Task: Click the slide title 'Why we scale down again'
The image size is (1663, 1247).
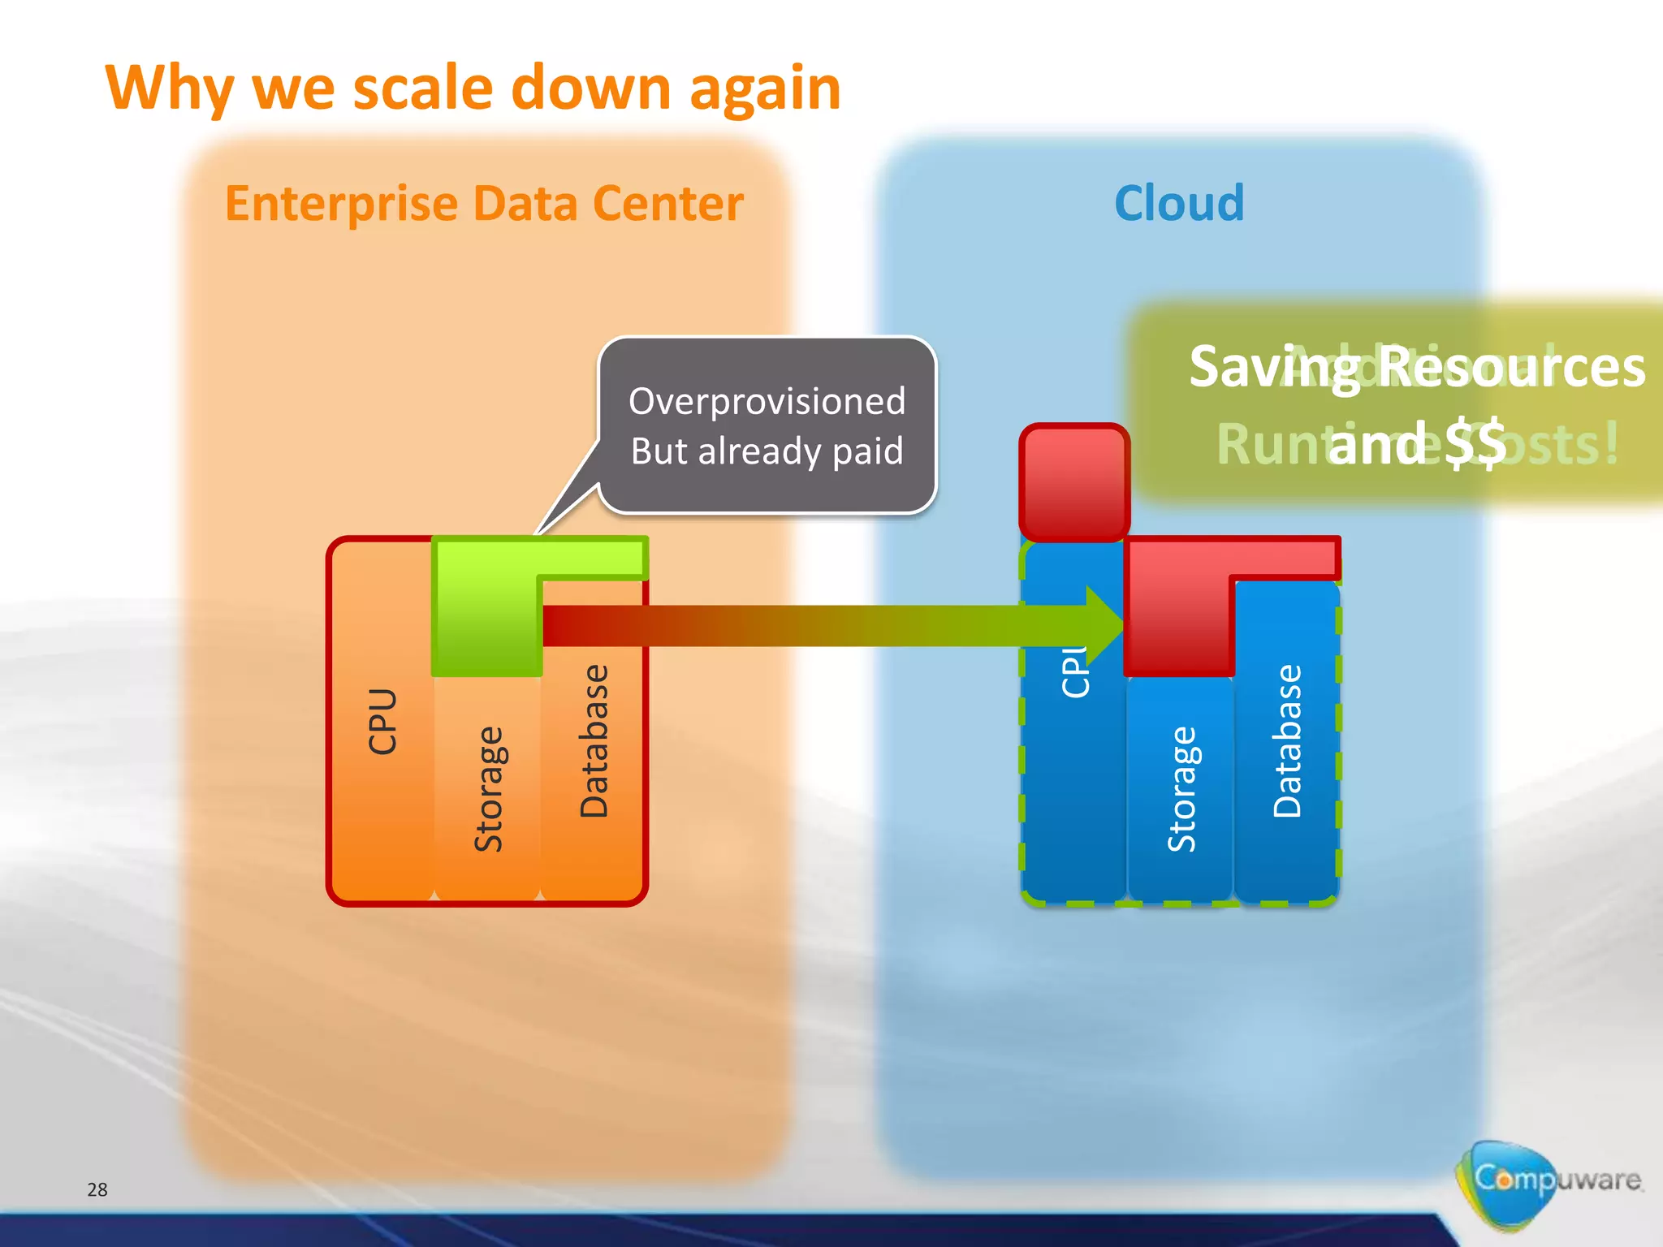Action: tap(473, 88)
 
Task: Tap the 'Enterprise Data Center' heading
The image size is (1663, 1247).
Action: tap(484, 203)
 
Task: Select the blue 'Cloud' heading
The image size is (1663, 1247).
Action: tap(1179, 203)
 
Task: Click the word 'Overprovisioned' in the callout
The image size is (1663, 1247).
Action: tap(767, 401)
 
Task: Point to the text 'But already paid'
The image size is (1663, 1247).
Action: tap(767, 451)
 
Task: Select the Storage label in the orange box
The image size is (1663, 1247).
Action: tap(488, 789)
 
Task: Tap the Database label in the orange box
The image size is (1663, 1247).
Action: tap(594, 740)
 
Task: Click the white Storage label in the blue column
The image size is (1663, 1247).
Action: tap(1181, 789)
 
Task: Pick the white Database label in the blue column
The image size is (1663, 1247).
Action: tap(1287, 740)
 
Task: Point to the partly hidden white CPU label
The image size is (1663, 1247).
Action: tap(1073, 672)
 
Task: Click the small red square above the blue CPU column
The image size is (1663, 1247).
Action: tap(1074, 482)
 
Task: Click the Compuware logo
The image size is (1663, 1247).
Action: tap(1547, 1181)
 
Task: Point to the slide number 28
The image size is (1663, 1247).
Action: tap(97, 1189)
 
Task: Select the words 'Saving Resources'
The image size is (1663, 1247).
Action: tap(1417, 367)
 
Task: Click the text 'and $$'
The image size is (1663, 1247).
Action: tap(1417, 443)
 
